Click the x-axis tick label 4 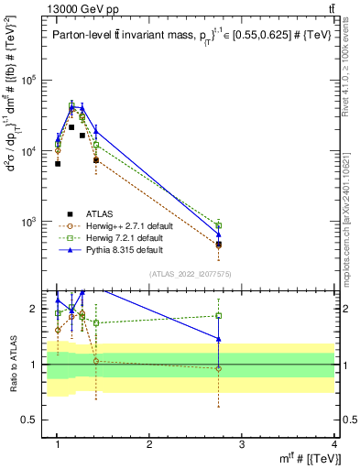[334, 444]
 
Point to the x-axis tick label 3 [242, 444]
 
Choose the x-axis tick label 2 [149, 444]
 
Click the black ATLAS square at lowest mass [58, 164]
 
